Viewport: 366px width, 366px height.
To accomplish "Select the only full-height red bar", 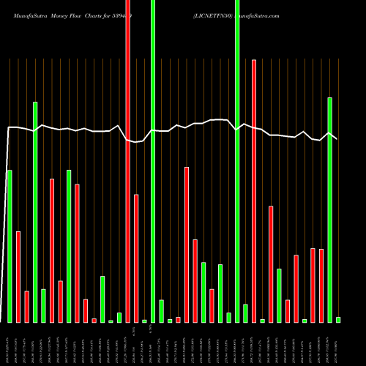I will (x=128, y=161).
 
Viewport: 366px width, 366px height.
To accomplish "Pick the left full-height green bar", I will (x=153, y=161).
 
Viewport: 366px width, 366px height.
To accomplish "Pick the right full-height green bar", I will (x=237, y=161).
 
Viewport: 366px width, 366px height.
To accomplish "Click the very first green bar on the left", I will (x=10, y=246).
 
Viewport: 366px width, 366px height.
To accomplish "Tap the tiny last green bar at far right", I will (x=338, y=319).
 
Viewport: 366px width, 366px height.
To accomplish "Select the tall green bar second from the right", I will (x=329, y=209).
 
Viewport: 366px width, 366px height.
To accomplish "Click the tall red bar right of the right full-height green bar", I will (x=254, y=190).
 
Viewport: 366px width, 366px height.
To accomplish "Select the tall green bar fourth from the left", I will (x=69, y=246).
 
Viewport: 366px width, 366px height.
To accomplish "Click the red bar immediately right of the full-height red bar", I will (x=136, y=258).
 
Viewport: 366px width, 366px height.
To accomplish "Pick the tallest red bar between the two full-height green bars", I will (x=187, y=244).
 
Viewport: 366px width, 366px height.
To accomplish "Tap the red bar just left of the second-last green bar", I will (x=321, y=285).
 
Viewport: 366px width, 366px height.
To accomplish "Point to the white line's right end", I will (x=337, y=139).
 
